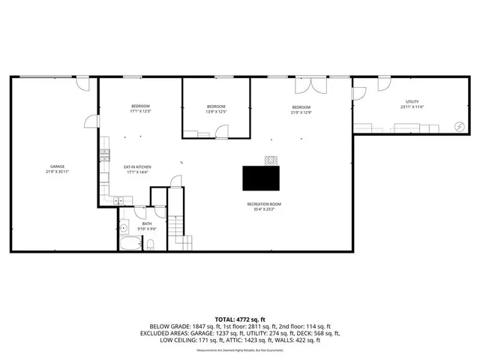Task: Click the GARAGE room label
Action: click(57, 166)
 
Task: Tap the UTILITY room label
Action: click(412, 102)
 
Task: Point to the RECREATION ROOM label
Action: click(264, 204)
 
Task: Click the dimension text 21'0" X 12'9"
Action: click(301, 112)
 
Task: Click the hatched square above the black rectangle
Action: click(271, 160)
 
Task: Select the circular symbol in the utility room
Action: click(460, 125)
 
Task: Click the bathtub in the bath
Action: click(130, 244)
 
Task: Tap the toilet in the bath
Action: click(151, 243)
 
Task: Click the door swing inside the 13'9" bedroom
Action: click(222, 131)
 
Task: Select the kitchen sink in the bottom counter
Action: click(121, 199)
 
